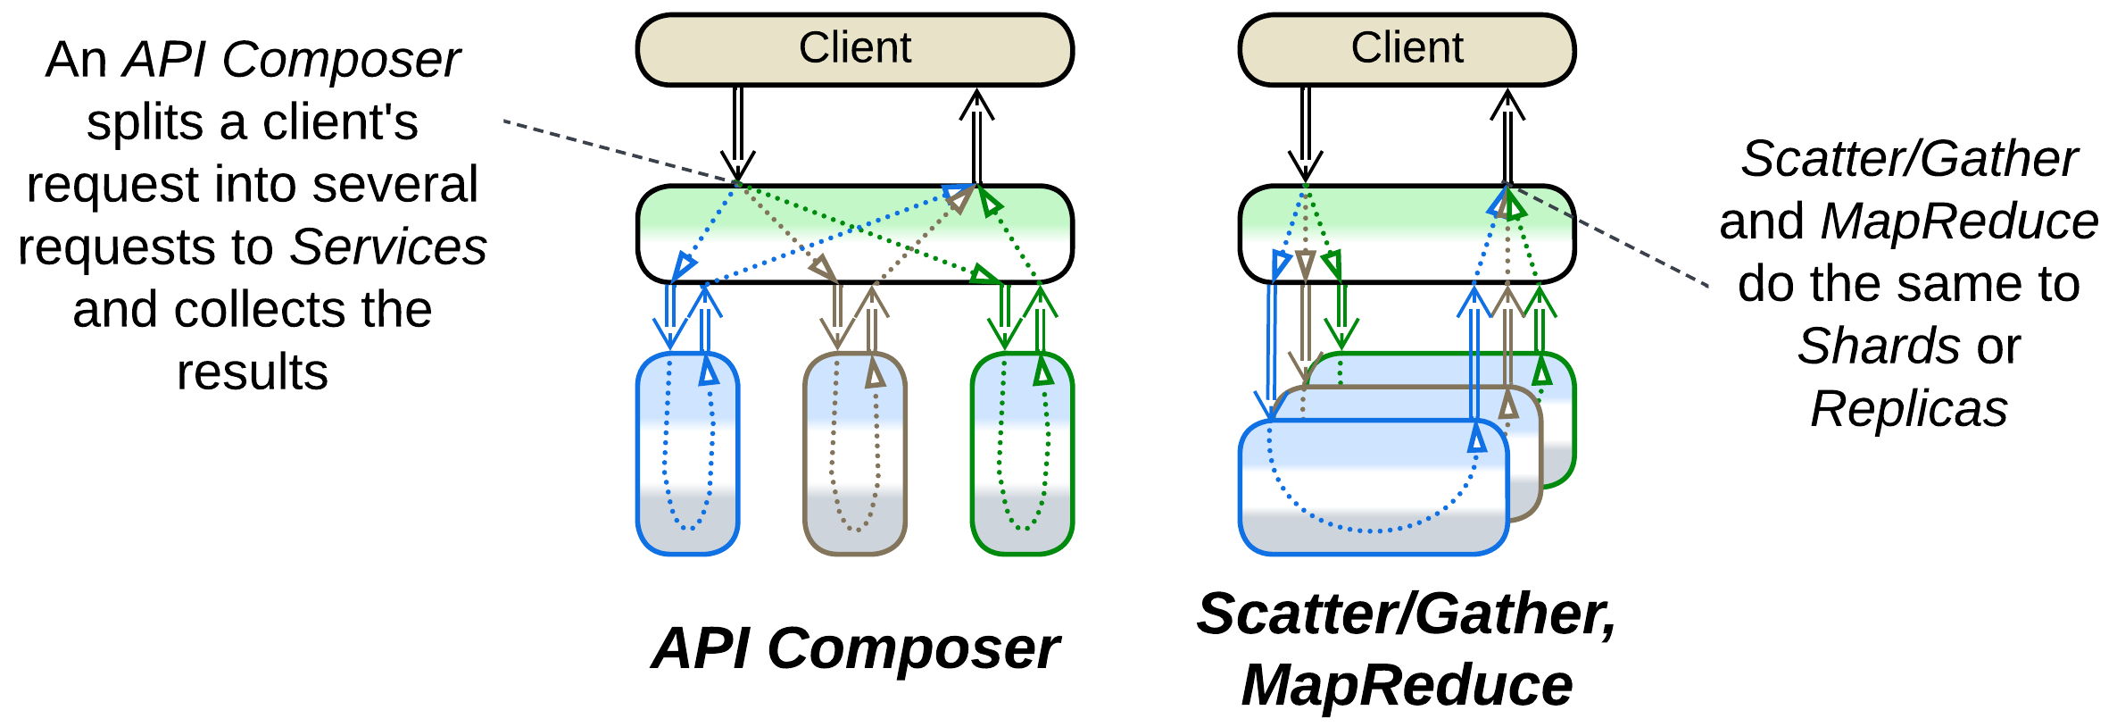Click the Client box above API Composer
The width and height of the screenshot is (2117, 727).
click(854, 49)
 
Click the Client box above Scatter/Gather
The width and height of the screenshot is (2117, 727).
click(1407, 49)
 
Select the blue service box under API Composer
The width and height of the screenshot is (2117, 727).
click(687, 454)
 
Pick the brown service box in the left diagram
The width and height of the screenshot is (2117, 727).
click(855, 454)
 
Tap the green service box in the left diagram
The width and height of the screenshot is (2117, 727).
click(1022, 454)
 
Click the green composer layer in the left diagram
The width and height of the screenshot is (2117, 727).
click(854, 234)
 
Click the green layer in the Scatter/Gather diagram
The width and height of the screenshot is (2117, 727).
click(1407, 234)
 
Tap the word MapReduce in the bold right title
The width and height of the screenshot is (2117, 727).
click(1407, 686)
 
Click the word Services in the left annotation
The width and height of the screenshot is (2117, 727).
click(388, 247)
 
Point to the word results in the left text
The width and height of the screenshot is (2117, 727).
click(253, 372)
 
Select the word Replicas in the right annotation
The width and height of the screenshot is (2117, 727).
click(1908, 409)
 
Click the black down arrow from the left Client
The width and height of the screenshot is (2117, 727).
click(737, 134)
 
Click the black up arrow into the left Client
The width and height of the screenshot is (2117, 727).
click(976, 134)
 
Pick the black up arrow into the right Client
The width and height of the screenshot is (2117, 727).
click(1507, 134)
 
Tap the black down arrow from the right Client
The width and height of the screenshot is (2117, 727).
click(1305, 134)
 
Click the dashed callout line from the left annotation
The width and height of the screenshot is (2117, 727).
click(616, 151)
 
